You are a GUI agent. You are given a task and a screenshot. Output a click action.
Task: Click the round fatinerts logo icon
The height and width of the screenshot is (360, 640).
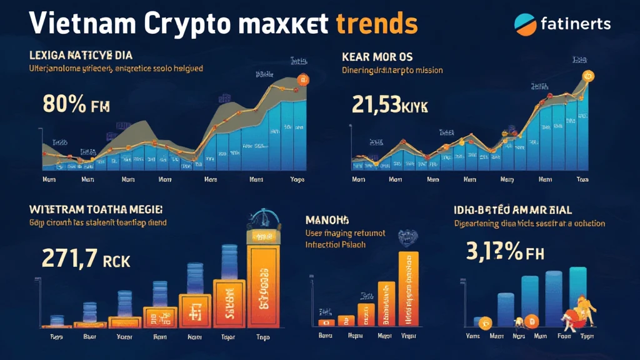point(525,24)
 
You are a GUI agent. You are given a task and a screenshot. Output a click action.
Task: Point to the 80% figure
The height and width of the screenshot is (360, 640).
point(64,104)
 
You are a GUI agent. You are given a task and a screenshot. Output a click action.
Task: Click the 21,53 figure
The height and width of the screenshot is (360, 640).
point(377,104)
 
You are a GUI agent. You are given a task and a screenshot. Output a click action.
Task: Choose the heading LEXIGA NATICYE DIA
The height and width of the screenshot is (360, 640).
point(81,57)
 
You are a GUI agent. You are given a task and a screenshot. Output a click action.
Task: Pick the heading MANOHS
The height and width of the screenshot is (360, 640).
point(327,220)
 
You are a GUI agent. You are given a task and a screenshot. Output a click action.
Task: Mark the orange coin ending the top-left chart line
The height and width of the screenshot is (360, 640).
point(304,79)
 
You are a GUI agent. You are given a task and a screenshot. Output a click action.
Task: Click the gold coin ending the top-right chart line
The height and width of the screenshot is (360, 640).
point(587,76)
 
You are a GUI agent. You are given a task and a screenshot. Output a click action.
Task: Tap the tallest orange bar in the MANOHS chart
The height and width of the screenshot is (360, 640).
point(407,288)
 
